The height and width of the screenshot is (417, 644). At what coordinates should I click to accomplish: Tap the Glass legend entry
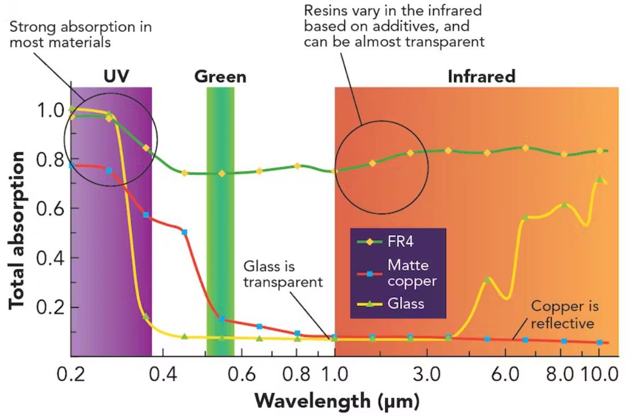click(405, 304)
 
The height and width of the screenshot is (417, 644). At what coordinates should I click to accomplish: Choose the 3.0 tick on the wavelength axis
click(427, 375)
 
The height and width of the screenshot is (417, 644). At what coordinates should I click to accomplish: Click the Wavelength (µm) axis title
click(337, 401)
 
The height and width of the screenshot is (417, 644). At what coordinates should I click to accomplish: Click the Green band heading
click(220, 76)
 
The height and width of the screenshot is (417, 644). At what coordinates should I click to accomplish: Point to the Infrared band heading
click(481, 76)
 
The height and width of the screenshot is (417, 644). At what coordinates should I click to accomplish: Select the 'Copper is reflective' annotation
click(564, 315)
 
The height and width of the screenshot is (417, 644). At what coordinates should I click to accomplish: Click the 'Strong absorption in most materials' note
click(81, 35)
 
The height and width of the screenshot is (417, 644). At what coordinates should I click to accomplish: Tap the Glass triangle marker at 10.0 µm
click(599, 179)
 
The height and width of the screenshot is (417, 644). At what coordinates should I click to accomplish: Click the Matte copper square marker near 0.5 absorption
click(184, 232)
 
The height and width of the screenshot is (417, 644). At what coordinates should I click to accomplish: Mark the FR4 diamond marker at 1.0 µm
click(334, 171)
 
